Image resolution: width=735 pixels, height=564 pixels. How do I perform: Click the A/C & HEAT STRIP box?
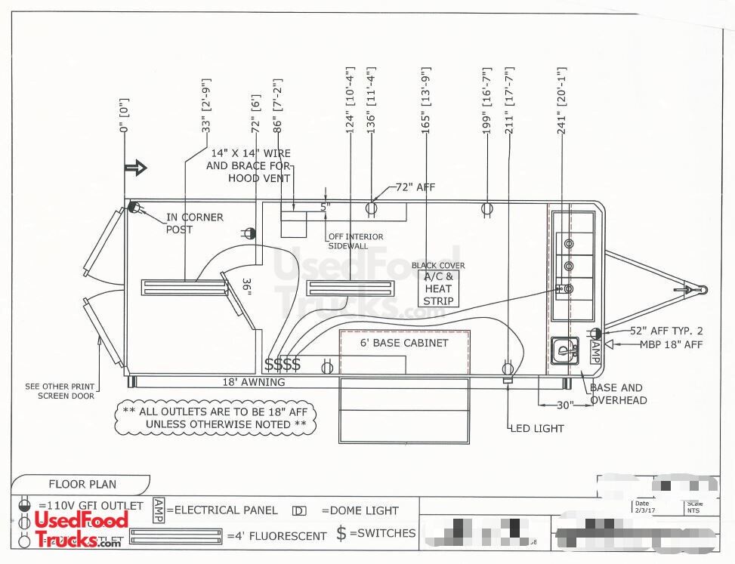pos(438,288)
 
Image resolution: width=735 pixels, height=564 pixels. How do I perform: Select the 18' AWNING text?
pos(253,382)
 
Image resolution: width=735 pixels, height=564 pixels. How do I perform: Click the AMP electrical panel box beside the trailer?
pos(594,350)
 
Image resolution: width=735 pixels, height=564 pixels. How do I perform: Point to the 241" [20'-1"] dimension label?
pos(561,101)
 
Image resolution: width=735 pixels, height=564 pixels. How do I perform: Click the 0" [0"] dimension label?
pos(124,116)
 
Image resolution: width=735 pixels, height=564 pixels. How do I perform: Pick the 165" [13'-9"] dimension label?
pos(426,97)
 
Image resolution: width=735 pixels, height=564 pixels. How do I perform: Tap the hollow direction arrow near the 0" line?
pos(136,168)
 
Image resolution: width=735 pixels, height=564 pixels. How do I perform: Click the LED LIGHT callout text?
pos(537,428)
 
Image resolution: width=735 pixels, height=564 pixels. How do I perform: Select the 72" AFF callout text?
pos(415,187)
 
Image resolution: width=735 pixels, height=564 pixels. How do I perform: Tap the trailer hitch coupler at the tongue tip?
pos(701,288)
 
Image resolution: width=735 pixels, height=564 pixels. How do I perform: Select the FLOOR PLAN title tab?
pos(82,484)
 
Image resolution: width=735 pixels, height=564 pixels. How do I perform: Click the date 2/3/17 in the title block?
pos(643,510)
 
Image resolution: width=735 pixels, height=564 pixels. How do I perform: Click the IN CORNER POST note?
pos(195,223)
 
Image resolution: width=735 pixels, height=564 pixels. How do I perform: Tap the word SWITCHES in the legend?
pos(386,533)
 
